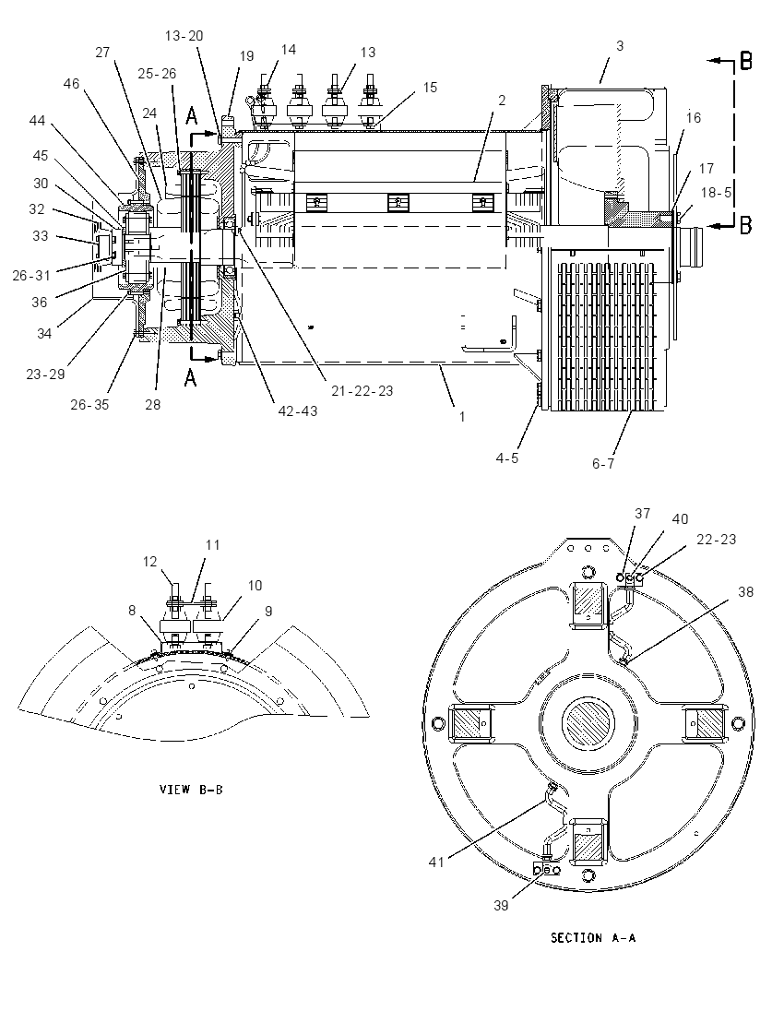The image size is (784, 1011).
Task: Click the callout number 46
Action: [71, 84]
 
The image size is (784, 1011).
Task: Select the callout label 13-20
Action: [184, 36]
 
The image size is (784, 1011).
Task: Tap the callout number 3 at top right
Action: [620, 46]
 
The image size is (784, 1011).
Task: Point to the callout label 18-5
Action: [716, 193]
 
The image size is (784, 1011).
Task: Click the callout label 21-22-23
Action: [362, 391]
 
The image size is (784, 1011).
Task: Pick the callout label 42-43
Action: [298, 410]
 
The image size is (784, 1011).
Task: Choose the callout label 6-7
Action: [603, 464]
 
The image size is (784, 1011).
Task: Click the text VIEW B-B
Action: [191, 790]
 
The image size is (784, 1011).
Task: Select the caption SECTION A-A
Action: [593, 937]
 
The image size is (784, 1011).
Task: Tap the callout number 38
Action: [745, 592]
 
